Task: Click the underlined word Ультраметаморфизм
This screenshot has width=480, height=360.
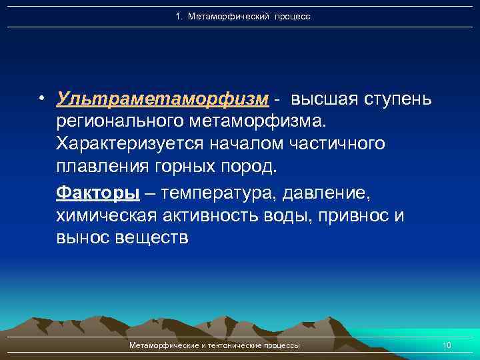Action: click(163, 99)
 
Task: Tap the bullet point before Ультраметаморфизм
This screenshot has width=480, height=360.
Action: click(41, 99)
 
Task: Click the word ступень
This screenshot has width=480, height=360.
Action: click(398, 99)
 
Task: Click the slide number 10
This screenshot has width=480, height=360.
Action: click(447, 345)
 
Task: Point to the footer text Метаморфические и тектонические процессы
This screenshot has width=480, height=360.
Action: click(214, 345)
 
